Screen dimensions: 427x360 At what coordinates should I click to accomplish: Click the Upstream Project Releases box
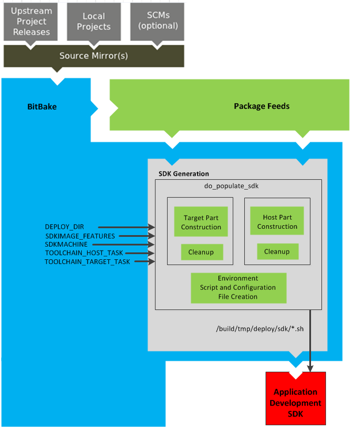point(31,21)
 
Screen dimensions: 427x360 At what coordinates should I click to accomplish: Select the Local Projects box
point(93,21)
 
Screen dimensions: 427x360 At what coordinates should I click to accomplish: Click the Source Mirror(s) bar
point(93,56)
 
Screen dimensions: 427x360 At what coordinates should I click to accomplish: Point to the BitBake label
point(42,107)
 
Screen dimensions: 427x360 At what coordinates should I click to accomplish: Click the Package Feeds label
point(262,106)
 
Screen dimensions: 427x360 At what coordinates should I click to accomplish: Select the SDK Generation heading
point(184,173)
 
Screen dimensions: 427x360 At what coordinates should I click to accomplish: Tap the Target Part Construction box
point(201,222)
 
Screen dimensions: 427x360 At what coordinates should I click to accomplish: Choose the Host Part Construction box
point(277,222)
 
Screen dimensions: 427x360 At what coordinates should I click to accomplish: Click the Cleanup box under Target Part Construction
point(201,252)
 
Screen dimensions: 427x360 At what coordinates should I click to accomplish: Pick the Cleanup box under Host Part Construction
point(277,251)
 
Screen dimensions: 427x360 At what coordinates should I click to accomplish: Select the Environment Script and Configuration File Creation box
point(238,288)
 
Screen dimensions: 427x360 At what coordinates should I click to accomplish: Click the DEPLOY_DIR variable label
point(65,227)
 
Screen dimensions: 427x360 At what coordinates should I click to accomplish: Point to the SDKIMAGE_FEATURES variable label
point(80,236)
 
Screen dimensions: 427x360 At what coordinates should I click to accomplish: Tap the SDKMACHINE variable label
point(66,244)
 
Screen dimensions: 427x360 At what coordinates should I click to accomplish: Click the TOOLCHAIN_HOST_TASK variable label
point(84,253)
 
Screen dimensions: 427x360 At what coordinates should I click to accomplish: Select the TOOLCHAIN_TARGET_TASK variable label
point(88,262)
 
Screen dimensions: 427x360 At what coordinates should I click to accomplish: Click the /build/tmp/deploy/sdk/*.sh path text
point(251,329)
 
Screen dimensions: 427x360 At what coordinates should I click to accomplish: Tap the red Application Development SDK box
point(295,398)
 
